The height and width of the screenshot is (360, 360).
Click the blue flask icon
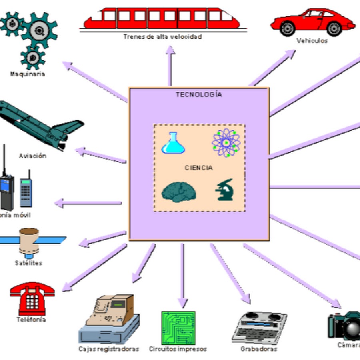pos(173,144)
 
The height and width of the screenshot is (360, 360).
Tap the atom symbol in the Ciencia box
pos(226,143)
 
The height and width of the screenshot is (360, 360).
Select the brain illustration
pos(178,192)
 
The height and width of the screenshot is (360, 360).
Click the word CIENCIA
pos(199,168)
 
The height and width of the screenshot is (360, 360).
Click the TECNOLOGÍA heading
pos(199,95)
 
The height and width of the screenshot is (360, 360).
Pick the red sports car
pos(312,22)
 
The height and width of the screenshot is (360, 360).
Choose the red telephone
pos(32,298)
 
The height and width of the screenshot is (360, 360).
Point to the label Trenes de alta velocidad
pos(162,37)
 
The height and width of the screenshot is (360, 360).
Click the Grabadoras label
pos(259,349)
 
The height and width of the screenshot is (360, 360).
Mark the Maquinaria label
pos(28,74)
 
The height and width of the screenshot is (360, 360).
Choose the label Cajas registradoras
pos(109,349)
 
